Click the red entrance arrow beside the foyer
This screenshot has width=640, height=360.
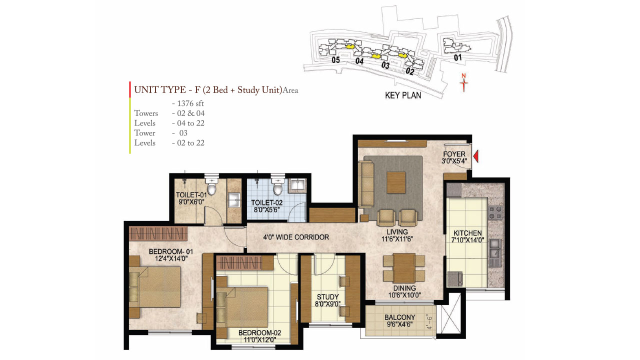476,157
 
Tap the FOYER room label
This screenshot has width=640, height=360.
454,154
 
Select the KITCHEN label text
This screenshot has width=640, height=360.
467,233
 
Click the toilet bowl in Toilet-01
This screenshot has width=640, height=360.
211,188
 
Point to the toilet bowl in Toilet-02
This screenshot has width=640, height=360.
278,188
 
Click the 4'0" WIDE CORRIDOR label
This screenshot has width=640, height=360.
296,237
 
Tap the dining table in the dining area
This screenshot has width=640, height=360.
404,268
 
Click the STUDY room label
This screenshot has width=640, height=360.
328,297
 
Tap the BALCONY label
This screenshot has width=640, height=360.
399,317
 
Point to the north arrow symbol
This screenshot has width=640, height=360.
464,83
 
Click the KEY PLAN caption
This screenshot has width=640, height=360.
402,95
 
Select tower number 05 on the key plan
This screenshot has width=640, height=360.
335,60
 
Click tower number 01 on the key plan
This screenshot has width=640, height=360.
457,58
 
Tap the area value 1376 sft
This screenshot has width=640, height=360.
187,103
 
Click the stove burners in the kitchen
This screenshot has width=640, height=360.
495,213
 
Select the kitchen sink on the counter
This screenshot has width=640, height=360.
495,248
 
